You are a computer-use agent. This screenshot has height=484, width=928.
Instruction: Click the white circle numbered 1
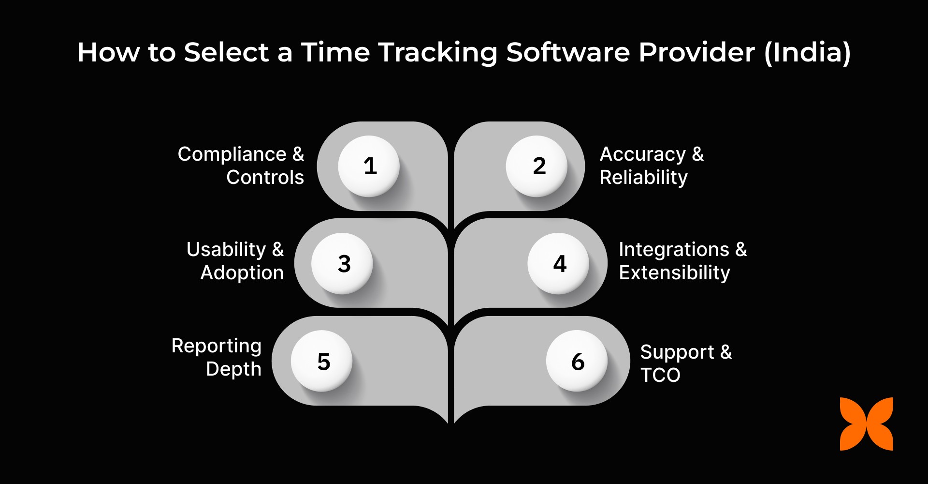pyautogui.click(x=369, y=166)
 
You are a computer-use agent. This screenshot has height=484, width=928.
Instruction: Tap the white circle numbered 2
pyautogui.click(x=536, y=166)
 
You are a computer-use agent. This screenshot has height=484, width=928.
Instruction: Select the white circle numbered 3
pyautogui.click(x=342, y=264)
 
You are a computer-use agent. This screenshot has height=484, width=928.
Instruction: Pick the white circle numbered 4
pyautogui.click(x=558, y=264)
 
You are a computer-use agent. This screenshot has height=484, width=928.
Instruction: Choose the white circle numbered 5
pyautogui.click(x=322, y=361)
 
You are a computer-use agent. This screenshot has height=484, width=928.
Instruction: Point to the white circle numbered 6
pyautogui.click(x=577, y=361)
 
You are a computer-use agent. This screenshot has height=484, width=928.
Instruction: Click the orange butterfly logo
pyautogui.click(x=866, y=424)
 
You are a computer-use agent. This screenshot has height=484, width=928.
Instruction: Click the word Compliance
pyautogui.click(x=232, y=154)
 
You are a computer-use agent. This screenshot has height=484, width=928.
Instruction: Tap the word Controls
pyautogui.click(x=265, y=178)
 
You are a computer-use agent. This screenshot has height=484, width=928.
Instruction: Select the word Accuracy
pyautogui.click(x=642, y=154)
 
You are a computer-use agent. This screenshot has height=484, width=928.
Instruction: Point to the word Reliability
pyautogui.click(x=643, y=178)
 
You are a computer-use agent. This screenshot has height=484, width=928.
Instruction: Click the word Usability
pyautogui.click(x=226, y=250)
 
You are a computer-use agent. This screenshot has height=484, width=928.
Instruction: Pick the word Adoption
pyautogui.click(x=242, y=273)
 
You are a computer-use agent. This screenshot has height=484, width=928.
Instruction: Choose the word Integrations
pyautogui.click(x=674, y=250)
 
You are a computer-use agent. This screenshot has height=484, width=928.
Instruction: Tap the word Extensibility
pyautogui.click(x=674, y=273)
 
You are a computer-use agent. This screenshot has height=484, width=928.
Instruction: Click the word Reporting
pyautogui.click(x=216, y=347)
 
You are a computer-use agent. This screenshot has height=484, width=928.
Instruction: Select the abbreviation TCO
pyautogui.click(x=660, y=375)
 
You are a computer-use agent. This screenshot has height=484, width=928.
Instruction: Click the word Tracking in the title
pyautogui.click(x=438, y=52)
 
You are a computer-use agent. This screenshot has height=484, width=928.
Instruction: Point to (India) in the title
pyautogui.click(x=807, y=52)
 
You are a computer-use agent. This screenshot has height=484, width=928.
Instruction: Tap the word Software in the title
pyautogui.click(x=568, y=52)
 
